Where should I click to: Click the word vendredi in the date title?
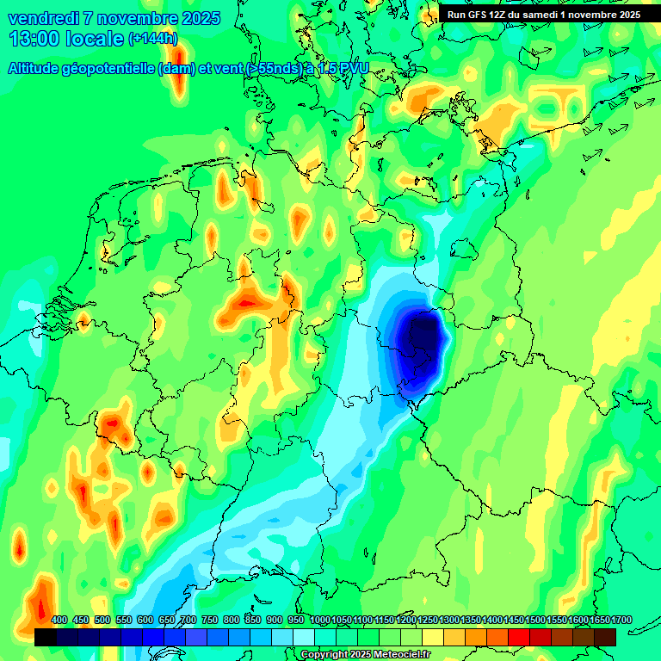(44, 18)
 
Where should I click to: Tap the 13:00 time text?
(34, 39)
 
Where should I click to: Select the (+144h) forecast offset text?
(152, 39)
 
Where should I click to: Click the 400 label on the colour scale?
(59, 620)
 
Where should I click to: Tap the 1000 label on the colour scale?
(320, 620)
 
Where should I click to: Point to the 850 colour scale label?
(253, 620)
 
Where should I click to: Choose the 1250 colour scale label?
(428, 620)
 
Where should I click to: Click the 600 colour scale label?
(145, 620)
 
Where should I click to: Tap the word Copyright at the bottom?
(325, 655)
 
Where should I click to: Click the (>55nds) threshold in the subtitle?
(274, 69)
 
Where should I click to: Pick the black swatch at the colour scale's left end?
(46, 637)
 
